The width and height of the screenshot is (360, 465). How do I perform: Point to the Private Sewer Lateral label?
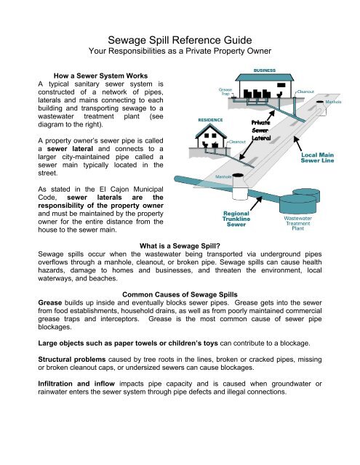(x=262, y=129)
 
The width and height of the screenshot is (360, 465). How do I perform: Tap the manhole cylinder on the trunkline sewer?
(x=219, y=185)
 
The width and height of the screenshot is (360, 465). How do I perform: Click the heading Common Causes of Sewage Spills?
(x=180, y=295)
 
